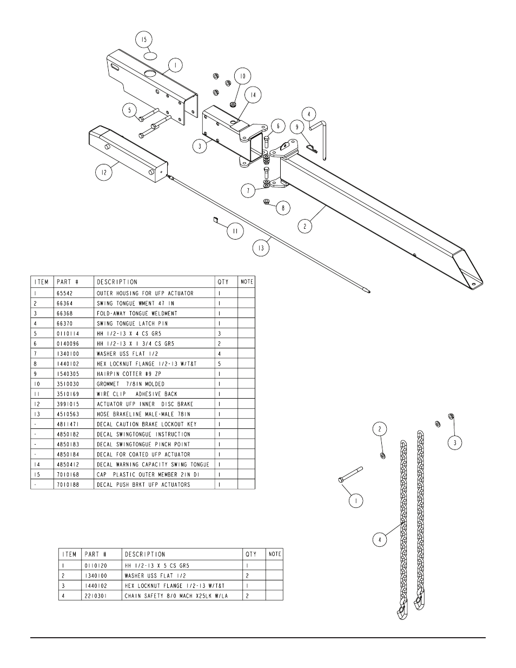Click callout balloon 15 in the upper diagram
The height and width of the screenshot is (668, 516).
[x=144, y=39]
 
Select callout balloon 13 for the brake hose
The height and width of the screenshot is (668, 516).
[x=261, y=248]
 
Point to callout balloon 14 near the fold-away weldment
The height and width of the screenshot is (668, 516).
[x=253, y=95]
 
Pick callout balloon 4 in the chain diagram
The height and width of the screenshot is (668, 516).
[x=380, y=539]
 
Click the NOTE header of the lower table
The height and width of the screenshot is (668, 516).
[x=275, y=554]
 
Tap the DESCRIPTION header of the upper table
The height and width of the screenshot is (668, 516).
[x=117, y=282]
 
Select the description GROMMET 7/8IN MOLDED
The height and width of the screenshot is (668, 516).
[x=130, y=384]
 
